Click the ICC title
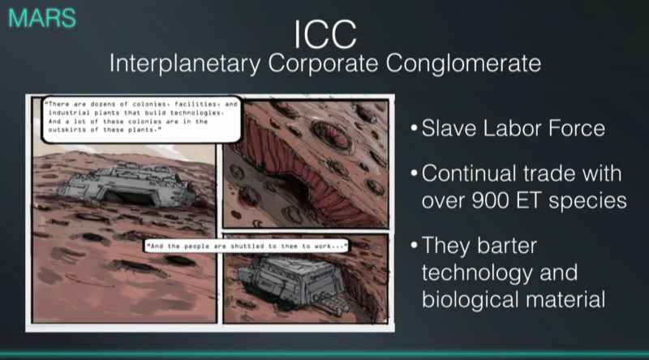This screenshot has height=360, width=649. (324, 34)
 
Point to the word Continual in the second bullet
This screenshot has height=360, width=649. (471, 174)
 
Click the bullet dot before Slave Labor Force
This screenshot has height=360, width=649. (415, 130)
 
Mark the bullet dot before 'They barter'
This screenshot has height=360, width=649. (415, 246)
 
